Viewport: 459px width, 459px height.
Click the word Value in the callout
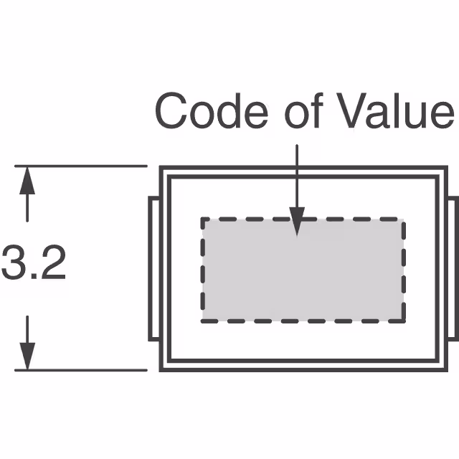point(387,112)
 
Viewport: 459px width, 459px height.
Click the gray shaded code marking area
point(302,270)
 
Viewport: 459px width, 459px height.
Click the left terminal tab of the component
point(153,269)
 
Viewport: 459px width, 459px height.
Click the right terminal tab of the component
point(452,269)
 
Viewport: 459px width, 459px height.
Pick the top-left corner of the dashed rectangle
point(203,219)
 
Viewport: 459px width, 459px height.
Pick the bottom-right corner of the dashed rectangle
point(403,321)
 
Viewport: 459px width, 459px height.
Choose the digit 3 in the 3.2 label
point(14,263)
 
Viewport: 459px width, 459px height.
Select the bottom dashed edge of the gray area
point(302,321)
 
